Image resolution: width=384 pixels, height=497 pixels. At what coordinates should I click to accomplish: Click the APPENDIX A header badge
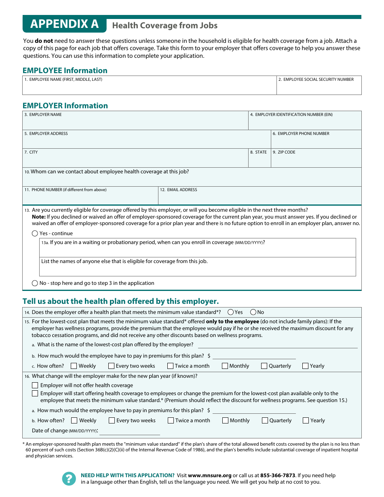click(64, 24)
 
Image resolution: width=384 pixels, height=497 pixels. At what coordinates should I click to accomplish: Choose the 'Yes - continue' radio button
click(35, 234)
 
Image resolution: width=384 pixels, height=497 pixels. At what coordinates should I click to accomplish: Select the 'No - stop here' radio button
click(35, 283)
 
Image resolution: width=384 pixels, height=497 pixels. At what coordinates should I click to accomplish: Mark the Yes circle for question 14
click(230, 312)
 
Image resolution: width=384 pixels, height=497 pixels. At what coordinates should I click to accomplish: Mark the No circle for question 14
click(253, 312)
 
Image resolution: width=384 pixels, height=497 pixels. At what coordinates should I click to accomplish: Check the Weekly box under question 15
click(74, 366)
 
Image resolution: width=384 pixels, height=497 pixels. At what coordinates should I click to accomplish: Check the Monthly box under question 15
click(225, 366)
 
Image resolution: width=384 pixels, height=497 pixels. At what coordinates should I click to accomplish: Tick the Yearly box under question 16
click(306, 421)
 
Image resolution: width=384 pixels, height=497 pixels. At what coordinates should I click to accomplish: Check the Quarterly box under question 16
click(265, 421)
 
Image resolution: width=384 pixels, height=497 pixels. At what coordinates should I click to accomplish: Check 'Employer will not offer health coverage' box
click(35, 385)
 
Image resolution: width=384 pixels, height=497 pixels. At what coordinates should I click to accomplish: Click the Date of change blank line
click(129, 432)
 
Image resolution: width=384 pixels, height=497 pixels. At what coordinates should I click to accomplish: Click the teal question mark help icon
click(69, 479)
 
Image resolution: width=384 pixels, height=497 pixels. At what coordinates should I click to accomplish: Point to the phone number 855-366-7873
click(278, 476)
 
